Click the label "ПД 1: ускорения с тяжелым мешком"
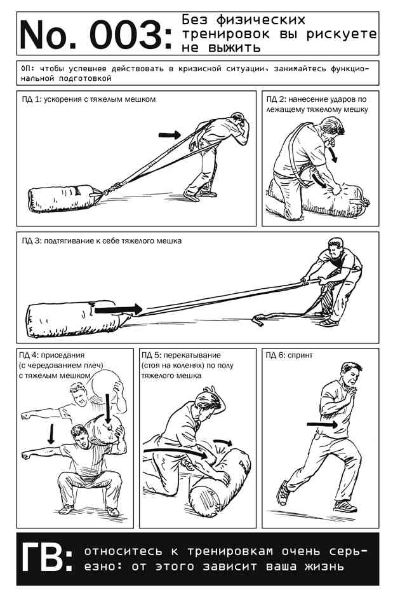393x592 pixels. (x=88, y=99)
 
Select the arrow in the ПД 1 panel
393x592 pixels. (x=170, y=135)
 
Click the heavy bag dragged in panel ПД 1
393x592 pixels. (x=65, y=198)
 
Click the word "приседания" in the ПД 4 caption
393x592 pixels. (x=63, y=355)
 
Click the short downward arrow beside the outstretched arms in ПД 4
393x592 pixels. (x=51, y=434)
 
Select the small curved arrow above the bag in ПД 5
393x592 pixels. (x=223, y=443)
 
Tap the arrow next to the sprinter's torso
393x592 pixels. (x=323, y=424)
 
